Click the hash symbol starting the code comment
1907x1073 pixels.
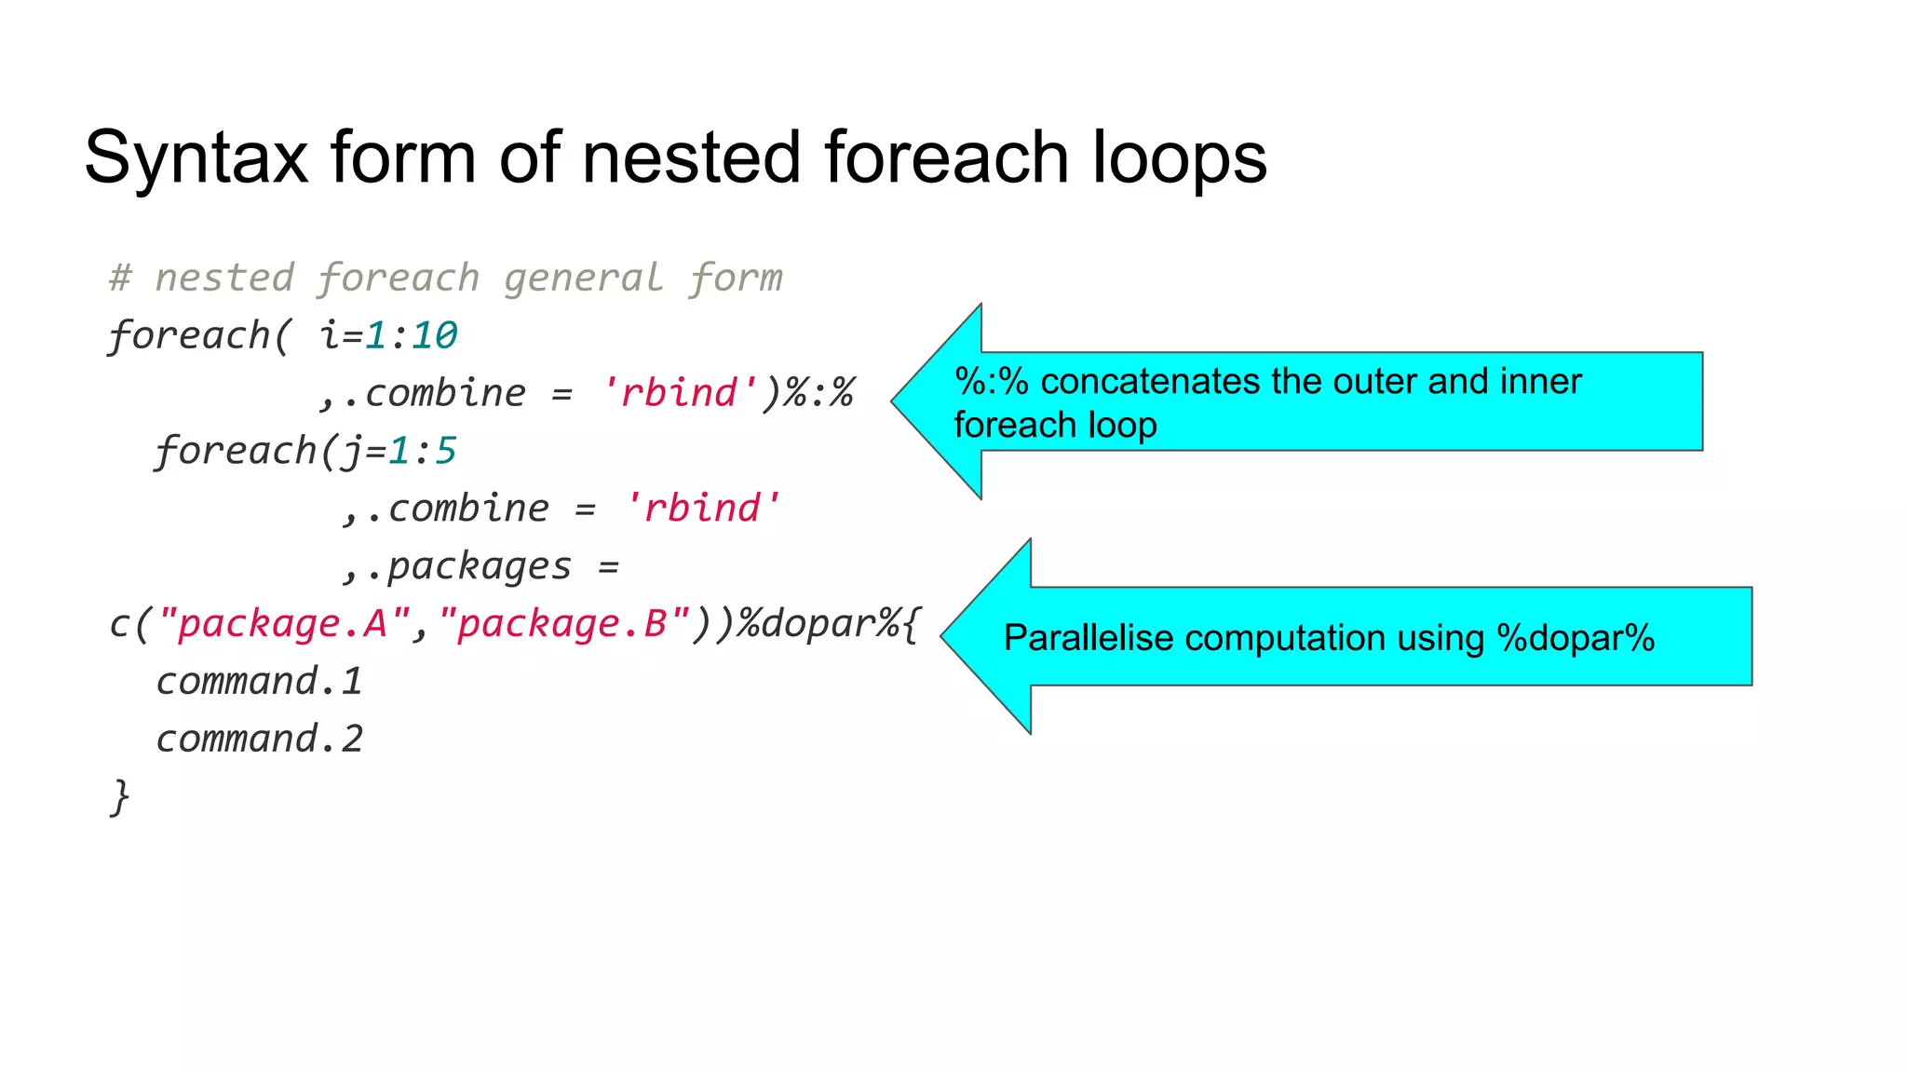tap(120, 278)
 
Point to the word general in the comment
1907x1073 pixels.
tap(584, 278)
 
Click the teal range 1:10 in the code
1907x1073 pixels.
tap(411, 335)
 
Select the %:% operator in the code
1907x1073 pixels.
tap(818, 393)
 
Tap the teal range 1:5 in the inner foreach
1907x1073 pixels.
tap(422, 451)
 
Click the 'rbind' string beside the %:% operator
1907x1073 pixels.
tap(680, 393)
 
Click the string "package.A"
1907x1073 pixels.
tap(284, 624)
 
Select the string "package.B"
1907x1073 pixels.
tap(563, 624)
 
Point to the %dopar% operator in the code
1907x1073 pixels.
tap(818, 624)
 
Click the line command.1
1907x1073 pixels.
tap(259, 682)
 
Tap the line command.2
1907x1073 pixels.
tap(259, 740)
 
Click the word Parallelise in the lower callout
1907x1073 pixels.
tap(1088, 639)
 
